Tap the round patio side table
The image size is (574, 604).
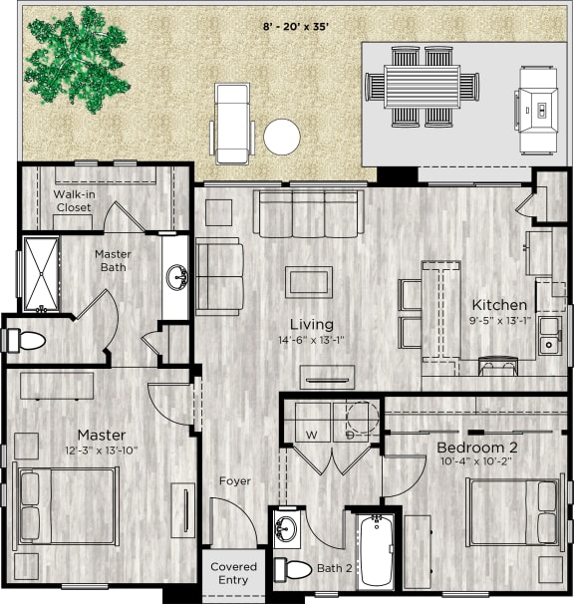(x=282, y=136)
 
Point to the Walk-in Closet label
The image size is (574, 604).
(x=73, y=200)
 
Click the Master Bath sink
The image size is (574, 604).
(x=176, y=276)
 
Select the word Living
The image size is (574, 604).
(x=311, y=324)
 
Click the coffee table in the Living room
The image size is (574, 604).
(x=310, y=281)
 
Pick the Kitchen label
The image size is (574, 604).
(x=499, y=305)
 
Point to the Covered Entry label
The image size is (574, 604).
(x=233, y=573)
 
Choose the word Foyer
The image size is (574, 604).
(x=235, y=481)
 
